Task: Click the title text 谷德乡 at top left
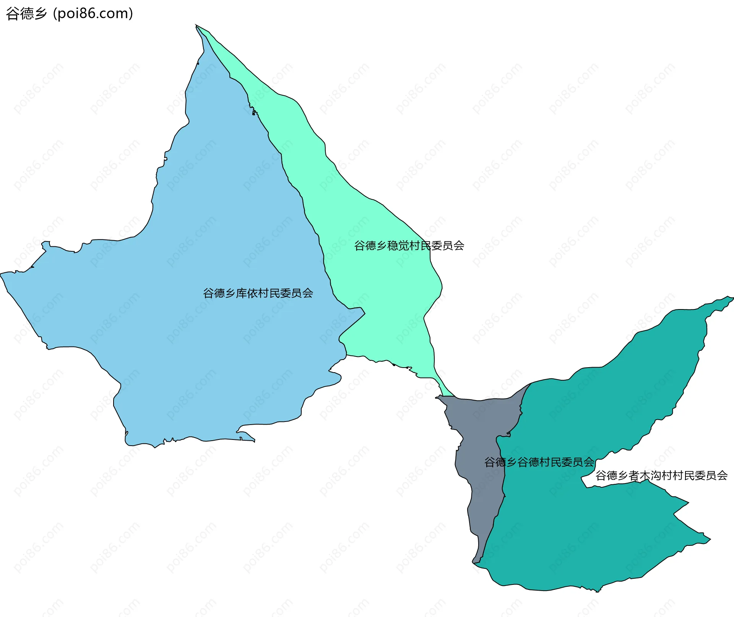[26, 14]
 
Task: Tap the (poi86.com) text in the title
[93, 14]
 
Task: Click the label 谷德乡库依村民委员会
[258, 293]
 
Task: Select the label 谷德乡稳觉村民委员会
[409, 246]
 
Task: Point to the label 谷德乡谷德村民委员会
[539, 462]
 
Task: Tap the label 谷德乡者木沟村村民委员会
[661, 475]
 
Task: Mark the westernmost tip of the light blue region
[1, 274]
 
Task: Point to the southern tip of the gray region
[474, 563]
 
